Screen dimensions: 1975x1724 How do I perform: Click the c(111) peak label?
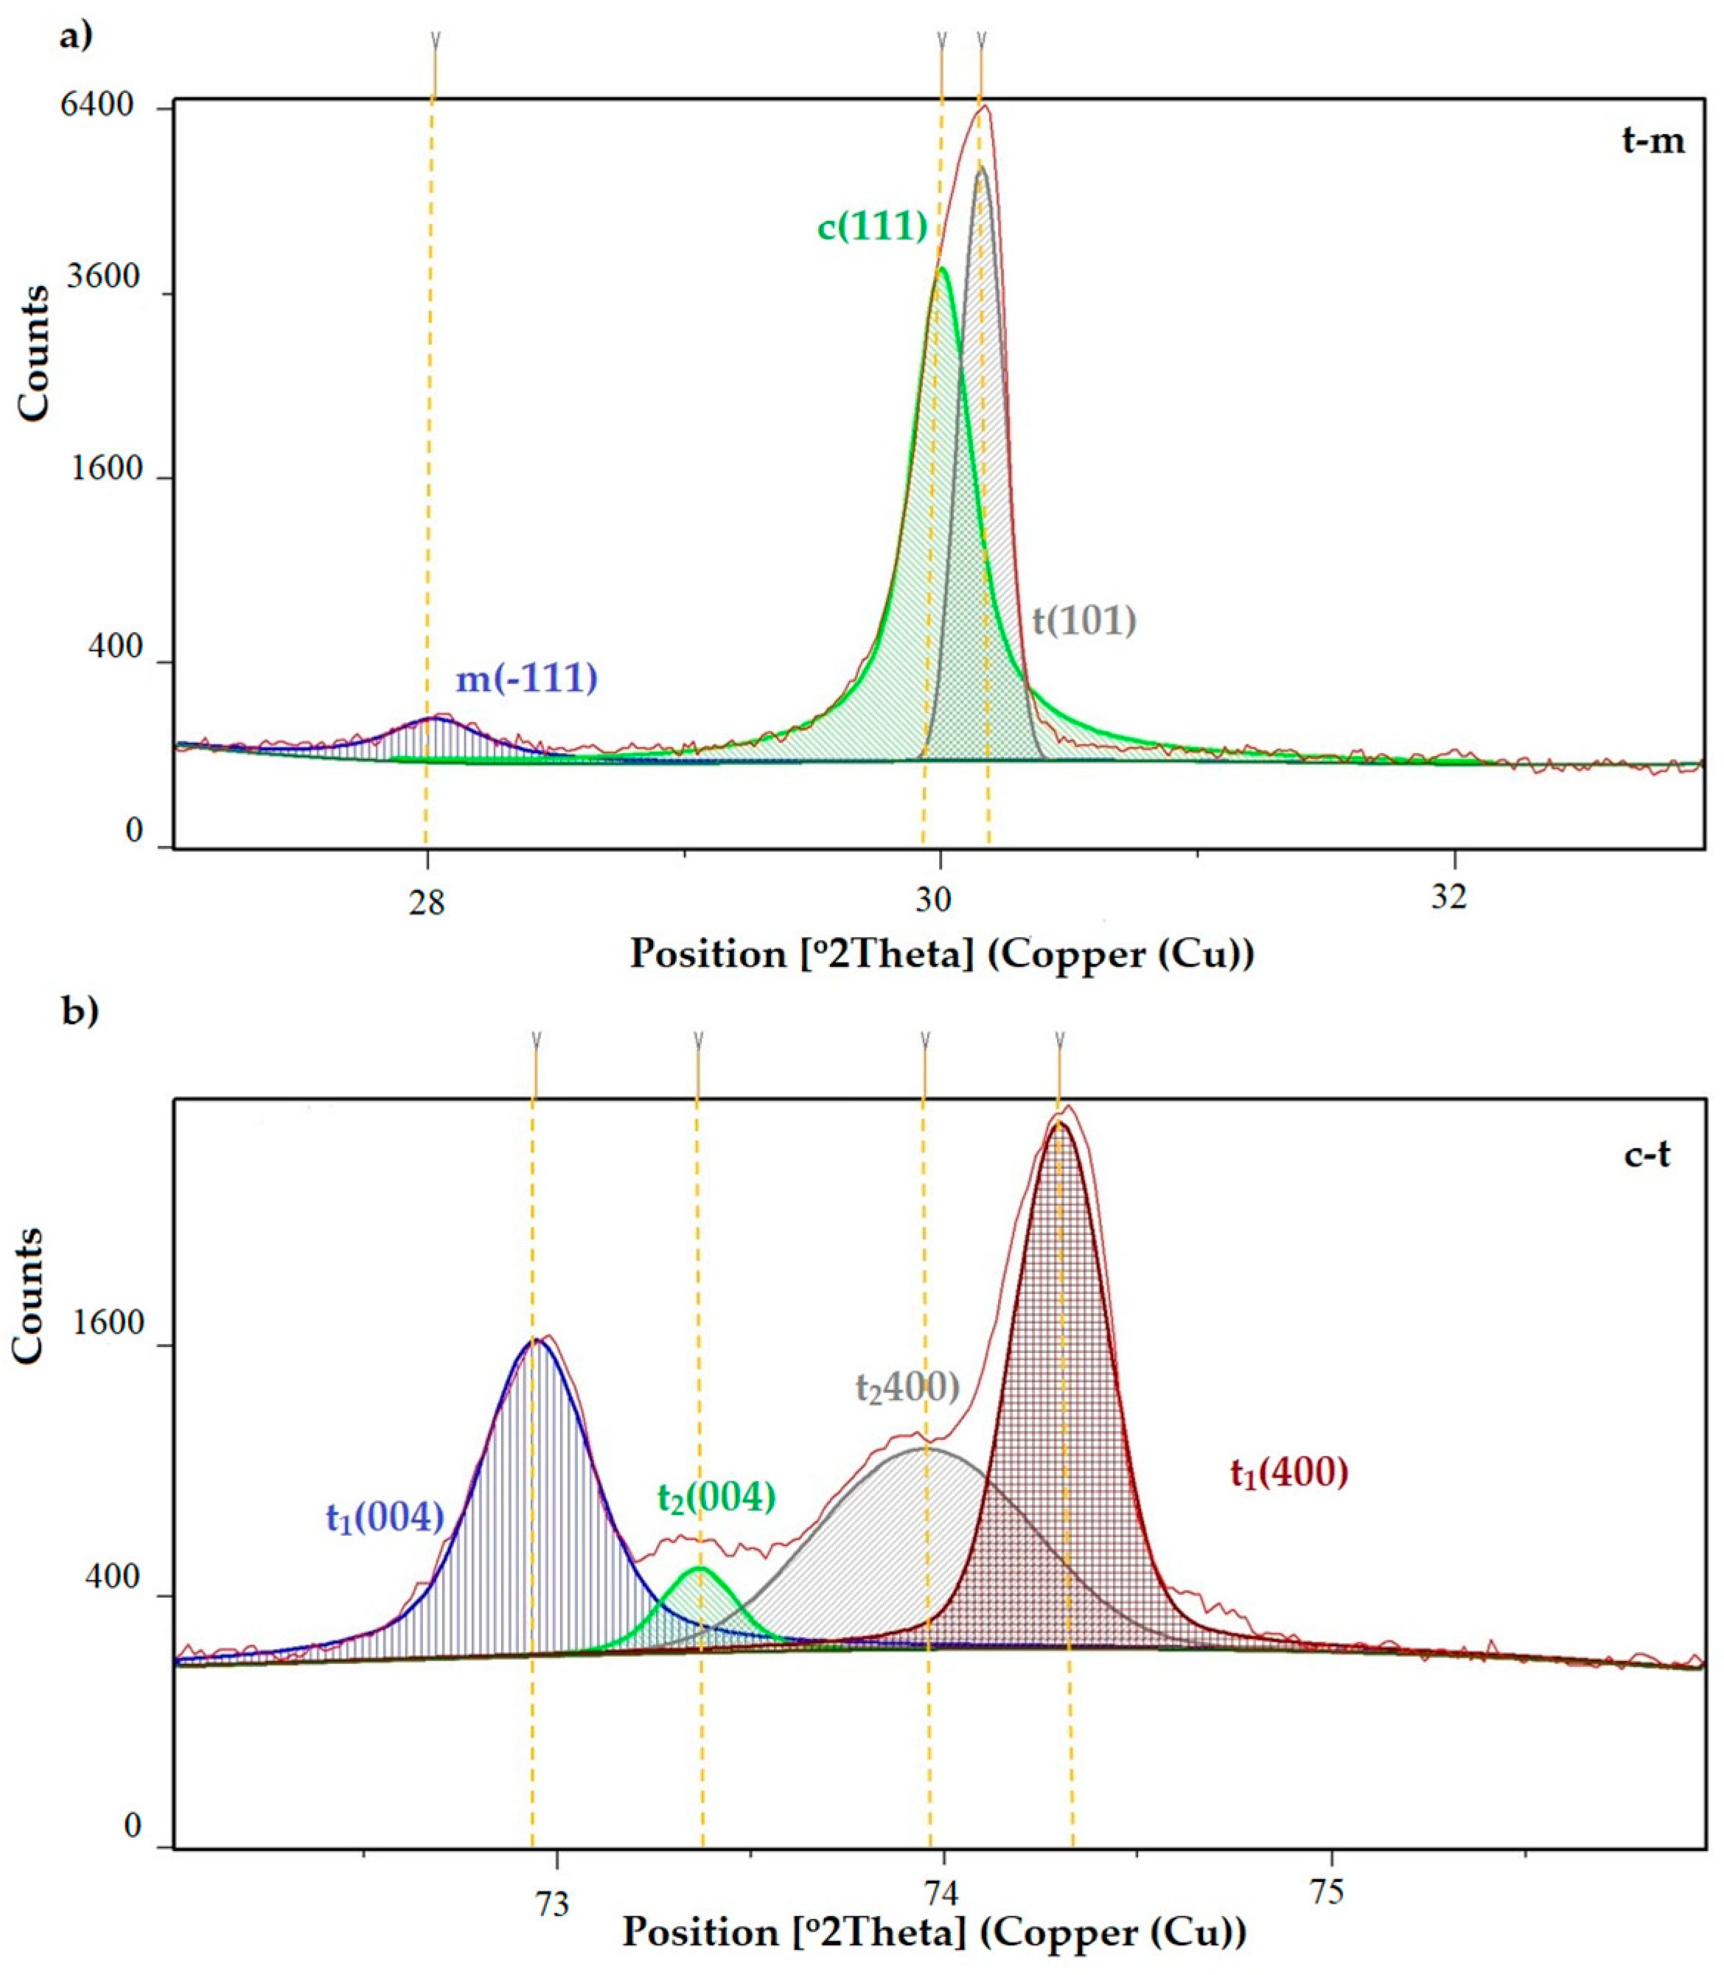(873, 227)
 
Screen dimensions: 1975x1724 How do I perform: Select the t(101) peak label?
(1084, 621)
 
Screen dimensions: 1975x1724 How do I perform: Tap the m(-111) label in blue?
(526, 679)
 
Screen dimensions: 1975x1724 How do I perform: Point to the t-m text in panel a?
(1653, 141)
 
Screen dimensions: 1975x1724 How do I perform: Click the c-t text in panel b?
(1647, 1154)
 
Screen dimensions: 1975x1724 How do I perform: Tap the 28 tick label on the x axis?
(426, 898)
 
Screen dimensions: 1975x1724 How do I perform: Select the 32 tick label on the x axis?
(1449, 898)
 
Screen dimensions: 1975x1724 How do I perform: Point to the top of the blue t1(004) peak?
(535, 1341)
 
